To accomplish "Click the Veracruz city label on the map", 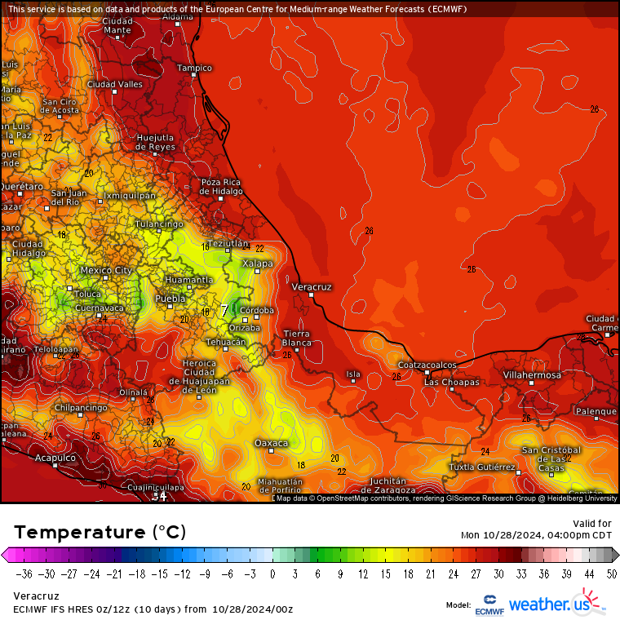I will (x=312, y=287).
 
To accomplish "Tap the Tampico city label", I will (x=194, y=68).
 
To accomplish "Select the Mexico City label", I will (x=106, y=270).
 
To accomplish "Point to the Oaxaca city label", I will (x=272, y=443).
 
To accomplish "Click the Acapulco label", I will (x=55, y=458).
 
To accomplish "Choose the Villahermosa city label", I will (x=532, y=374).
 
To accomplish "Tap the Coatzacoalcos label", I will (x=427, y=364).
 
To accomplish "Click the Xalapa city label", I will (x=257, y=263).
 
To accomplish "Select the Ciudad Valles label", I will (x=114, y=84).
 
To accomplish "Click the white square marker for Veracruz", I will (x=311, y=295).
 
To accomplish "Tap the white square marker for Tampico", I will (x=194, y=75).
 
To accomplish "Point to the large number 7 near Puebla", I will (x=224, y=311).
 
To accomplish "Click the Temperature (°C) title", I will (x=100, y=533).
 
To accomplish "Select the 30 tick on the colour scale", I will (x=498, y=573).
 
